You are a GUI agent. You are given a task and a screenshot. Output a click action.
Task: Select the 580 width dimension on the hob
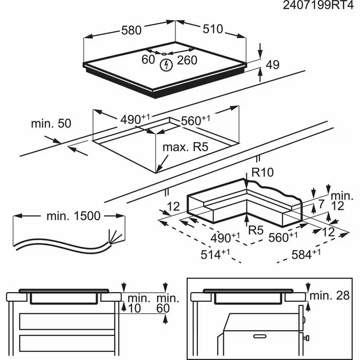click(131, 30)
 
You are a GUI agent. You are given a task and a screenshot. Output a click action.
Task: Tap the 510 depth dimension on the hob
click(212, 29)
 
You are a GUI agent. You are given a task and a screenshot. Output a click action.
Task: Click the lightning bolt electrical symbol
click(166, 65)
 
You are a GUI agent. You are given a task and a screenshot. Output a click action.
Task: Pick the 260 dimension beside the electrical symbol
click(187, 60)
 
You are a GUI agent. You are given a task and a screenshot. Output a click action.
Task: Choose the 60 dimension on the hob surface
click(148, 60)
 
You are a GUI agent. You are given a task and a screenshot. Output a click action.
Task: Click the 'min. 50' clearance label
click(51, 123)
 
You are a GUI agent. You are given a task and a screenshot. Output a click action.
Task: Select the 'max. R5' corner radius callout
click(185, 148)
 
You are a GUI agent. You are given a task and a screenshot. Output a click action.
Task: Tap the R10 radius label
click(263, 173)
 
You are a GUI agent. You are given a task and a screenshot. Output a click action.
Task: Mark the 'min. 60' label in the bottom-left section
click(168, 303)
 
